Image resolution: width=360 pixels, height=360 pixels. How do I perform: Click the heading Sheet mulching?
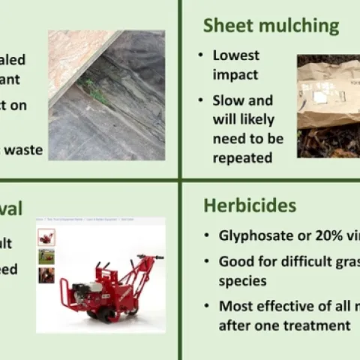(271, 25)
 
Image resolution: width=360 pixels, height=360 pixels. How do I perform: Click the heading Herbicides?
(250, 205)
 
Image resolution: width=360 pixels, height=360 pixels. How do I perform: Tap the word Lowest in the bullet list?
(235, 55)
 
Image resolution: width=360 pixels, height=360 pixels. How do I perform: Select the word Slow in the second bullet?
(228, 100)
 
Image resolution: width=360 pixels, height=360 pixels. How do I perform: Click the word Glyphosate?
(255, 235)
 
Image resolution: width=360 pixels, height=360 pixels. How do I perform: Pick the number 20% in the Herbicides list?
(317, 235)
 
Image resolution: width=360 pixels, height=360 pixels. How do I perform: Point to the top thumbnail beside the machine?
(46, 238)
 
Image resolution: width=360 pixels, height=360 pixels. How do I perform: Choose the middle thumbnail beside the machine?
(46, 256)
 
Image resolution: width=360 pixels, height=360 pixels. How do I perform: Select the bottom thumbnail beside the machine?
(46, 274)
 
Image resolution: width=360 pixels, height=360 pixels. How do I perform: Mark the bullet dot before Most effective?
(207, 306)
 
